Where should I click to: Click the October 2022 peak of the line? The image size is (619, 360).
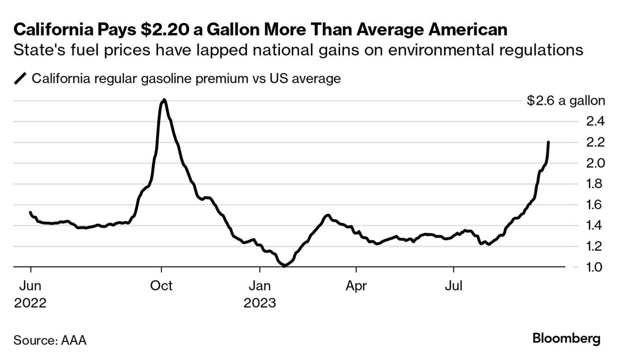pyautogui.click(x=164, y=100)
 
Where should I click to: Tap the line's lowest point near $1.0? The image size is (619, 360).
pyautogui.click(x=284, y=266)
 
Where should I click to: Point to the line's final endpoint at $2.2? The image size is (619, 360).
pyautogui.click(x=548, y=142)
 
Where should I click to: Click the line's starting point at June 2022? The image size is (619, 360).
pyautogui.click(x=30, y=212)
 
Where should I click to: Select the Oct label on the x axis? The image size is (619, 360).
pyautogui.click(x=161, y=286)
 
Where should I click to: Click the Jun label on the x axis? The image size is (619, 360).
pyautogui.click(x=30, y=286)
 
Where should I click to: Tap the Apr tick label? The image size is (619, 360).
pyautogui.click(x=356, y=286)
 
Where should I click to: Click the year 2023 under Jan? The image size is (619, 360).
pyautogui.click(x=260, y=304)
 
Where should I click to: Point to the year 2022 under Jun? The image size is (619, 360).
pyautogui.click(x=30, y=304)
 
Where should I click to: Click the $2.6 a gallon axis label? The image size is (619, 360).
pyautogui.click(x=566, y=101)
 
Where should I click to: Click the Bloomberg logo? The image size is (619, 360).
pyautogui.click(x=566, y=338)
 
